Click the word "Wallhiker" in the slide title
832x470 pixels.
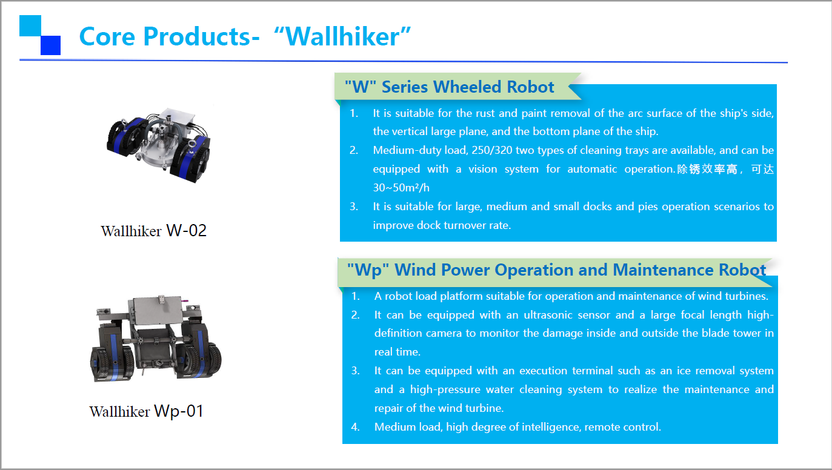click(x=342, y=36)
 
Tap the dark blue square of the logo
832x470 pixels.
click(x=51, y=45)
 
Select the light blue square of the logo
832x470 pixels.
click(x=30, y=25)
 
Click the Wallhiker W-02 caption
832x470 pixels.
click(x=153, y=231)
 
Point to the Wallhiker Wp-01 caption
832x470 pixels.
click(x=147, y=411)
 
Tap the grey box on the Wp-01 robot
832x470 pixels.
click(x=156, y=310)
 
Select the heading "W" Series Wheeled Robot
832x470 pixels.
click(x=450, y=87)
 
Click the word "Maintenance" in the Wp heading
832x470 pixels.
click(x=663, y=270)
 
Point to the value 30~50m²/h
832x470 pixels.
click(x=401, y=188)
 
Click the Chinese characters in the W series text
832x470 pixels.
click(x=725, y=169)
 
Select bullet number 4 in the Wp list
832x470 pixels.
click(x=355, y=427)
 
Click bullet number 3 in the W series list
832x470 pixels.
click(x=354, y=207)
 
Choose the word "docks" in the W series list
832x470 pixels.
click(x=597, y=207)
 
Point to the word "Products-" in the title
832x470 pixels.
click(x=201, y=36)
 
